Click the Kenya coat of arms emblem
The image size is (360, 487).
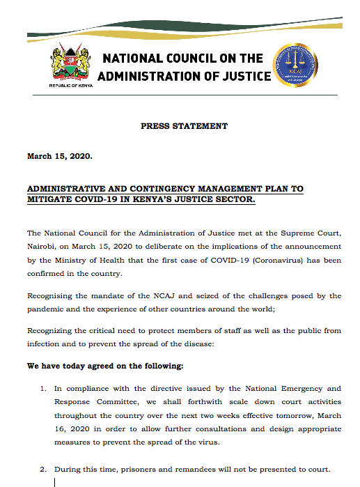(x=70, y=65)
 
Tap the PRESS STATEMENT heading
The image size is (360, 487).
(x=184, y=126)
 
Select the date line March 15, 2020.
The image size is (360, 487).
(x=59, y=156)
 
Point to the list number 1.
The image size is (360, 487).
(x=43, y=388)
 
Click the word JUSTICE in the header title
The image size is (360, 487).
(x=240, y=75)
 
